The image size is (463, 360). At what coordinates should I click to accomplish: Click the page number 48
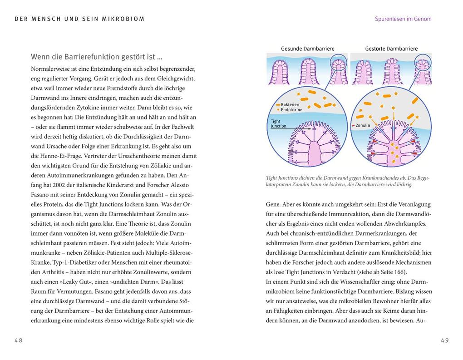[x=18, y=340]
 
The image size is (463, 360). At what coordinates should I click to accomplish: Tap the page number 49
[x=444, y=340]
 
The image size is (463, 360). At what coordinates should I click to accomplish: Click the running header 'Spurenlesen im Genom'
[x=403, y=19]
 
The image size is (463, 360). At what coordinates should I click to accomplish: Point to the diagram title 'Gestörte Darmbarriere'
[x=391, y=49]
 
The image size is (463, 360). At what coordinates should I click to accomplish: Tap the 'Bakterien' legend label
[x=290, y=104]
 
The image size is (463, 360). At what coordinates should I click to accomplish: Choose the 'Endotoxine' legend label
[x=291, y=110]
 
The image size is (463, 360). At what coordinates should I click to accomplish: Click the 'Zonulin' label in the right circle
[x=363, y=125]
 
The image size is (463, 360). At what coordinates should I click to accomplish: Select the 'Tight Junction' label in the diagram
[x=278, y=124]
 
